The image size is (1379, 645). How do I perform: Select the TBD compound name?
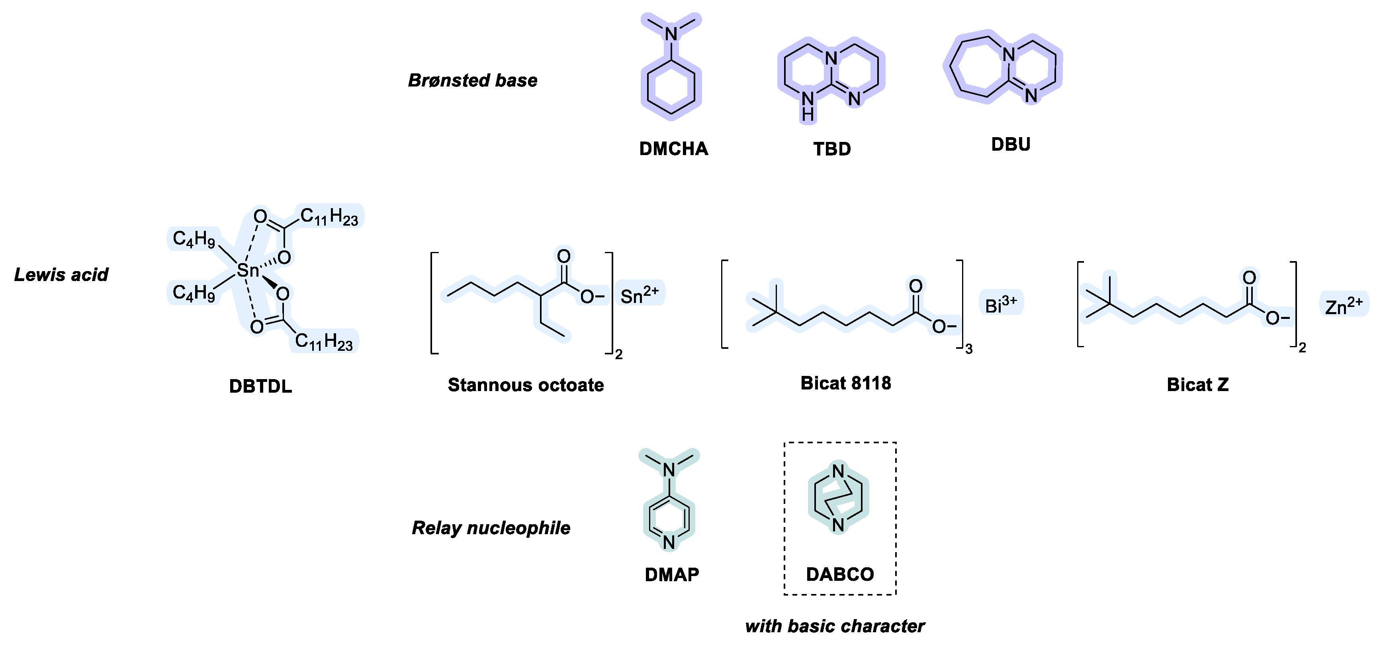(x=832, y=149)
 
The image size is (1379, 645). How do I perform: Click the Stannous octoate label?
(x=526, y=385)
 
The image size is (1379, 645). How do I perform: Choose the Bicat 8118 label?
(x=846, y=383)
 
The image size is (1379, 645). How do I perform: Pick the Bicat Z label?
(x=1197, y=385)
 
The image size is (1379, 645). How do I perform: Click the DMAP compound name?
(x=672, y=574)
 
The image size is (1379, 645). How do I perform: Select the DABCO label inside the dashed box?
(x=840, y=574)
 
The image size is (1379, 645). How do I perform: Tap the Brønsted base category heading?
(x=472, y=81)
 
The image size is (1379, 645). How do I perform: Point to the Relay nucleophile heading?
(x=491, y=528)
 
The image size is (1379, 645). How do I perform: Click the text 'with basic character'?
(x=835, y=626)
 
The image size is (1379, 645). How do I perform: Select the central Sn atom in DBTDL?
(x=247, y=271)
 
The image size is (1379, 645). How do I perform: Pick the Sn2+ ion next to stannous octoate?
(x=639, y=294)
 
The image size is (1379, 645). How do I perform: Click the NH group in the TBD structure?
(x=808, y=105)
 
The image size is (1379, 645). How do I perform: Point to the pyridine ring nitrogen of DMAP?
(x=669, y=542)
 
